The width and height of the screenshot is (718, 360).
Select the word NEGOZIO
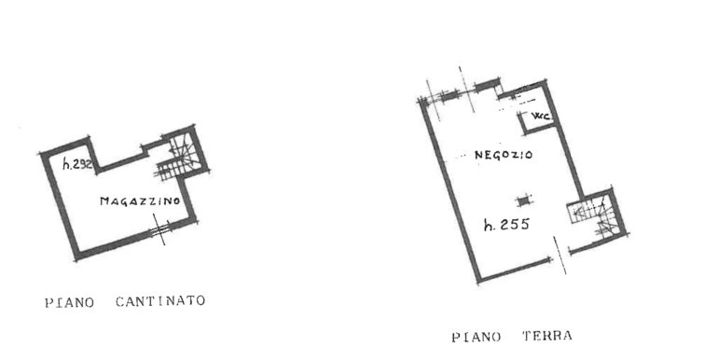pyautogui.click(x=503, y=156)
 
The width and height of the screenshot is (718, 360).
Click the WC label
pyautogui.click(x=540, y=117)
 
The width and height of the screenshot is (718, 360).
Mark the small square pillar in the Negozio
pyautogui.click(x=520, y=198)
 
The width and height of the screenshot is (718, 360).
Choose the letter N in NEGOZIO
pyautogui.click(x=477, y=156)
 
